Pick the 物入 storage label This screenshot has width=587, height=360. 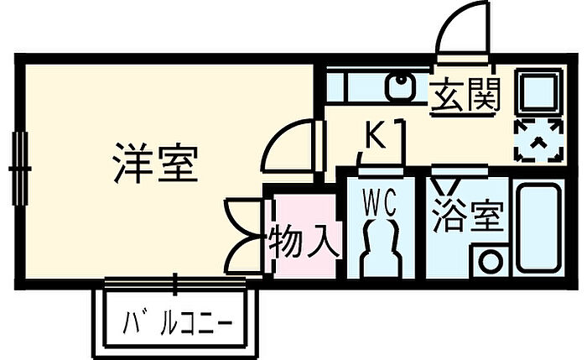coord(304,243)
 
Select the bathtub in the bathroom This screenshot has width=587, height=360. coord(538,227)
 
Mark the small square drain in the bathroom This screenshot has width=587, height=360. coord(489,260)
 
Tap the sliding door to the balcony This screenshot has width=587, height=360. coord(176,284)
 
